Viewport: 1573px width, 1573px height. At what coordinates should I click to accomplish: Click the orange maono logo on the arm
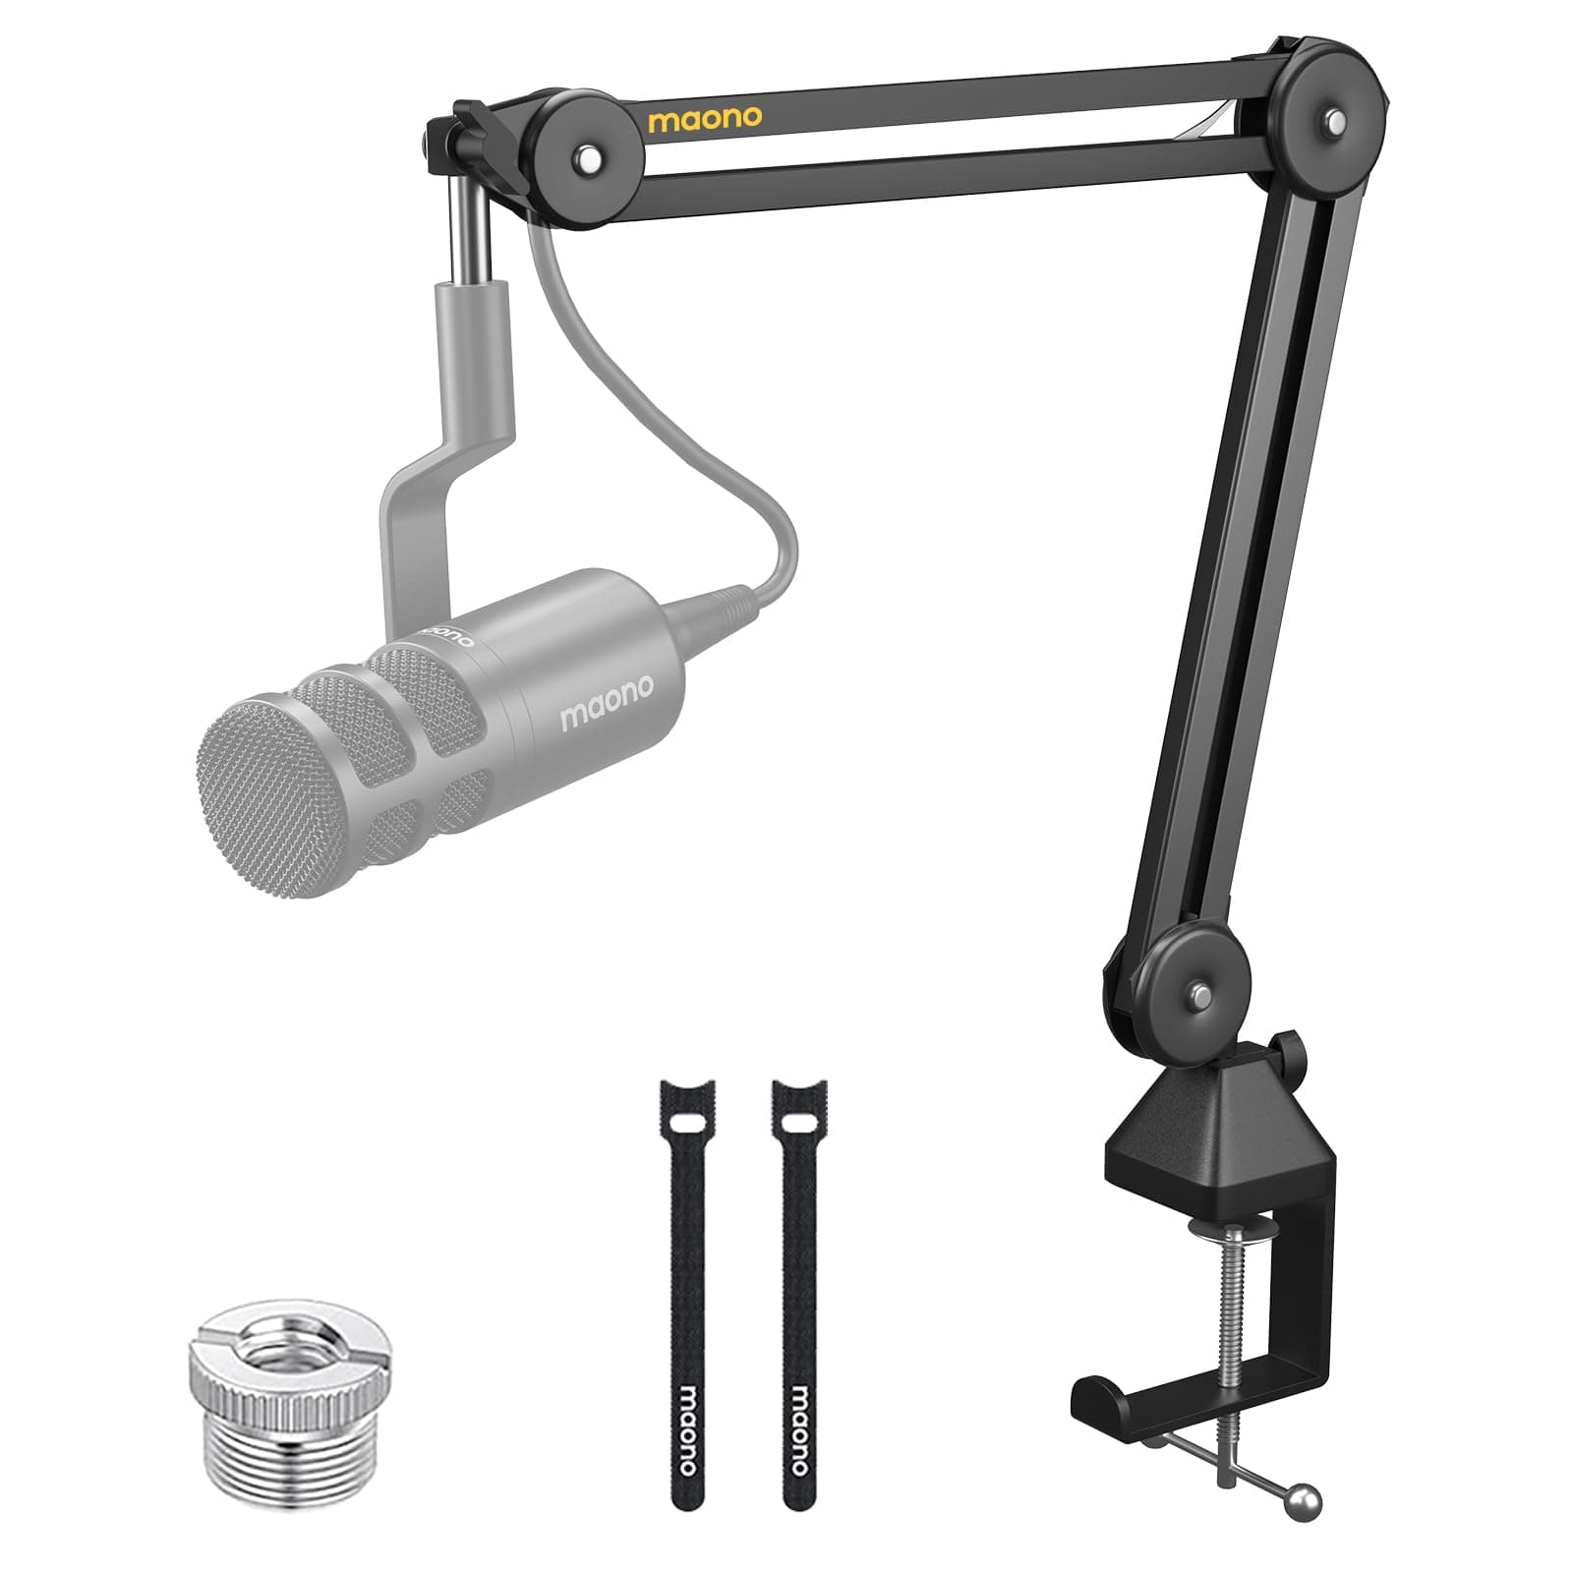coord(704,119)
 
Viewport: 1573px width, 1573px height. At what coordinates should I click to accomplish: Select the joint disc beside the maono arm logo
coord(588,153)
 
